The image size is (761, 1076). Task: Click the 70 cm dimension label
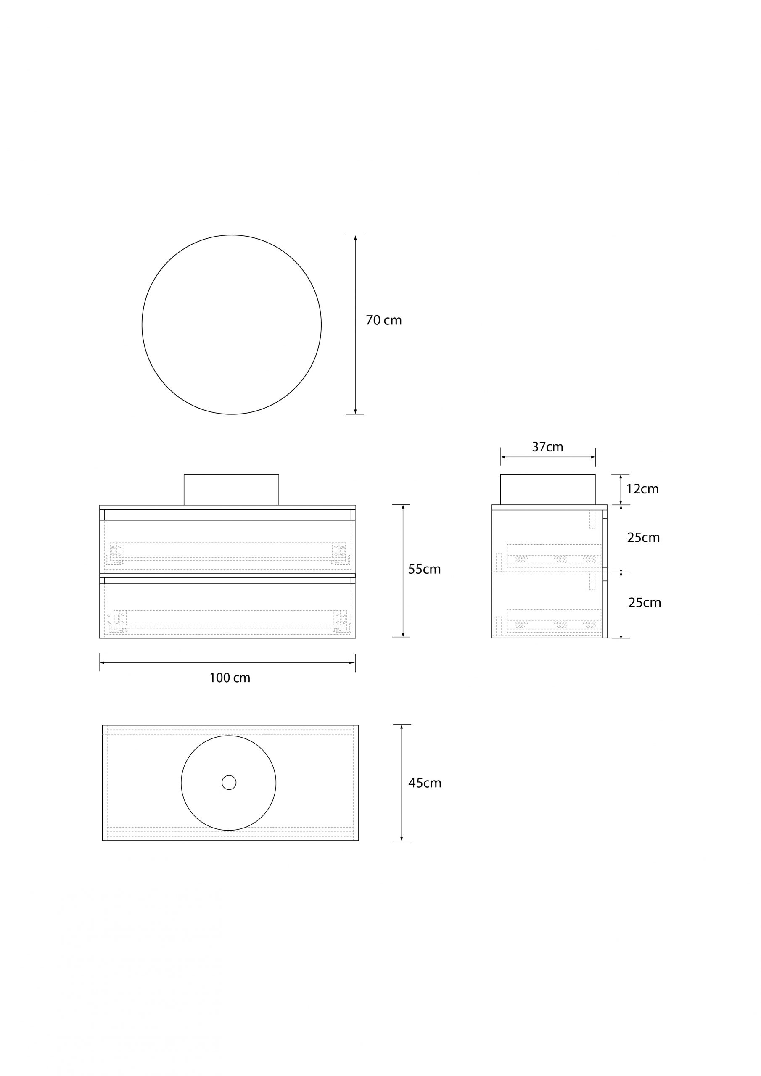[383, 320]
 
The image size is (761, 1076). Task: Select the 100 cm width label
[230, 678]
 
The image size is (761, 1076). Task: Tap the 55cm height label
[424, 570]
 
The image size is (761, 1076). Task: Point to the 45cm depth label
[425, 783]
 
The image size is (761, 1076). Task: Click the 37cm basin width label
[548, 447]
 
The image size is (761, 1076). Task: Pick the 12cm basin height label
[642, 489]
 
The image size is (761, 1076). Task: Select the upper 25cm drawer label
[643, 538]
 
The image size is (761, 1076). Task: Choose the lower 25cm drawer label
[645, 603]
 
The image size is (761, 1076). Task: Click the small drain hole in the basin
[229, 783]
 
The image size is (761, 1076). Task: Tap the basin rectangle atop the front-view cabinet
[231, 489]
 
